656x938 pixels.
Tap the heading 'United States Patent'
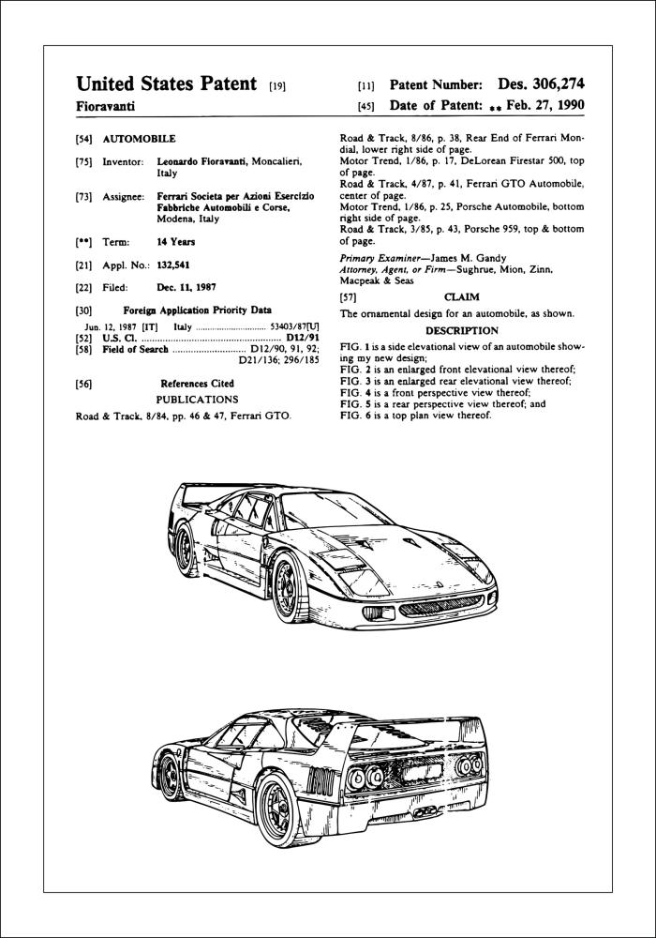tap(167, 84)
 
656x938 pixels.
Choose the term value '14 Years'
tap(176, 242)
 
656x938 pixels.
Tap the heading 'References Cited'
tap(197, 384)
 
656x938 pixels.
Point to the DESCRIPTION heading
tap(461, 331)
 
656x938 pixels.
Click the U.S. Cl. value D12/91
tap(303, 337)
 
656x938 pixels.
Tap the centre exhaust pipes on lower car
tap(425, 809)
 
